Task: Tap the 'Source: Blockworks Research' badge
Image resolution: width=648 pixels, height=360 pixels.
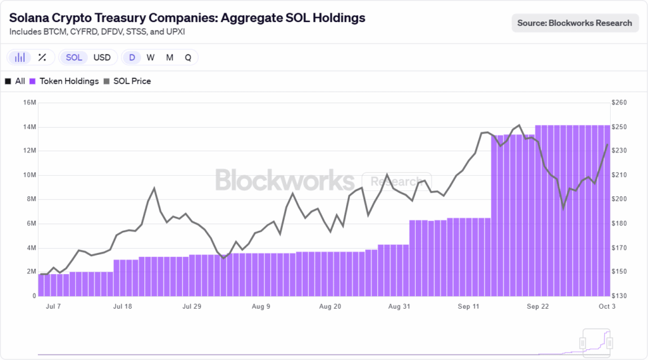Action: click(x=575, y=23)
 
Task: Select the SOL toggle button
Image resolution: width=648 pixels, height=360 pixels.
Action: click(x=74, y=58)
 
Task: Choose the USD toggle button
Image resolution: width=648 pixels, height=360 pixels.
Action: click(x=102, y=58)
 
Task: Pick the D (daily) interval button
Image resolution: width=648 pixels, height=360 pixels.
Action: click(x=132, y=58)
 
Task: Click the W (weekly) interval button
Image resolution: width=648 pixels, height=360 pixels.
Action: click(x=151, y=58)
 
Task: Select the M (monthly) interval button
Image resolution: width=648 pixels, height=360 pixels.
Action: click(x=170, y=58)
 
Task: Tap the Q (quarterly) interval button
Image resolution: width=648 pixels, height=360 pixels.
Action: click(x=188, y=58)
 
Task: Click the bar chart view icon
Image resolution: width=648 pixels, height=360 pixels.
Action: click(x=20, y=58)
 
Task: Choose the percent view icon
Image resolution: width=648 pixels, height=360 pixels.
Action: click(x=42, y=58)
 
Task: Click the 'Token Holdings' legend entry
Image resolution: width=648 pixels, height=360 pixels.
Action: click(x=68, y=81)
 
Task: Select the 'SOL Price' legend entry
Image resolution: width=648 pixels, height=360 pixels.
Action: click(x=132, y=81)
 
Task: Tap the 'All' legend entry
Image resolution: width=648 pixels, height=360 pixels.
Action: click(x=20, y=81)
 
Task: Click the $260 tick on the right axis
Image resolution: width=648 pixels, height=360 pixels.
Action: click(x=620, y=102)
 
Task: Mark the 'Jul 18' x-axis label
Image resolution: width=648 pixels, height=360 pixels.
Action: click(x=122, y=307)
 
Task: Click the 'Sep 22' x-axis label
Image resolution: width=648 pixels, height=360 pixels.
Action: click(x=537, y=307)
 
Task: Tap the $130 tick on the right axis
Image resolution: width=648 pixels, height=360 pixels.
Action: click(x=620, y=295)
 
